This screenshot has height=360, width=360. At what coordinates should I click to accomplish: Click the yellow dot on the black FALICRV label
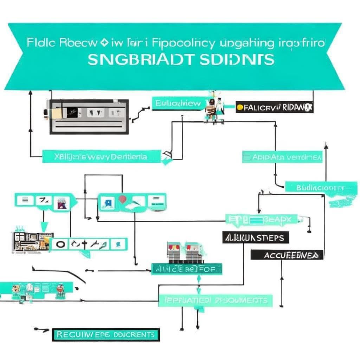239,108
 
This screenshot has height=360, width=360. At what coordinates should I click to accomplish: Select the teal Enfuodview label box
178,103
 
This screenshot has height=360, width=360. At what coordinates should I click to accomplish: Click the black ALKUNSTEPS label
256,238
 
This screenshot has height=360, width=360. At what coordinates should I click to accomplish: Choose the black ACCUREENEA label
287,255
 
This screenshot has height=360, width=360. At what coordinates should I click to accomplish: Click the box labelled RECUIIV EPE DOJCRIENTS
105,334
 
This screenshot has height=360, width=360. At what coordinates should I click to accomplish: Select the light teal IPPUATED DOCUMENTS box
215,300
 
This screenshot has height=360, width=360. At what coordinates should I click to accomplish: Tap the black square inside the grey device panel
72,112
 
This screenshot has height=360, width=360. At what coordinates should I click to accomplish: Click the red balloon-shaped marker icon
122,199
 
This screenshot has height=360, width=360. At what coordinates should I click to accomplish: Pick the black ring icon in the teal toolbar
60,244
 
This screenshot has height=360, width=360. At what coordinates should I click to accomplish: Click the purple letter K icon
62,202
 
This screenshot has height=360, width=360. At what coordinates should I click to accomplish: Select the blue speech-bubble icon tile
107,202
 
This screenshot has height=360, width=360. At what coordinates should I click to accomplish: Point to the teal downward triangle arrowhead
44,226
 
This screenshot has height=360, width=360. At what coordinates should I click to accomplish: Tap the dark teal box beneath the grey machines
187,269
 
